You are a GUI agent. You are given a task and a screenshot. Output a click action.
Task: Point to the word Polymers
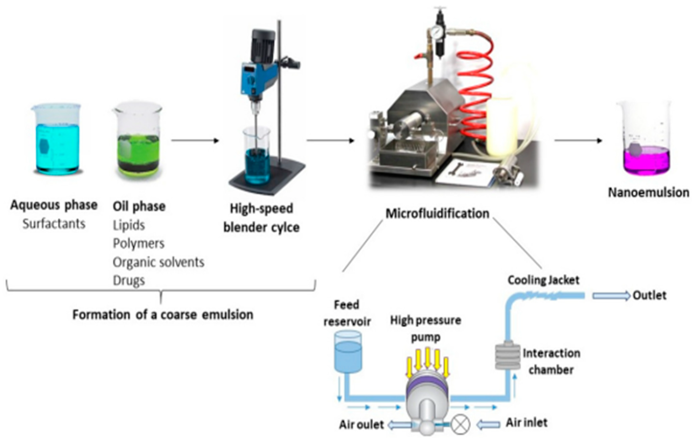139,244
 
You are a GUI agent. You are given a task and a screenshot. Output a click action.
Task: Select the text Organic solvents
158,262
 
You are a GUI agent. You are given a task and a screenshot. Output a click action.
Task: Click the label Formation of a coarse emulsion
163,315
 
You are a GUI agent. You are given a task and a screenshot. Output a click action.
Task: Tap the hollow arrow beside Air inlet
489,424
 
